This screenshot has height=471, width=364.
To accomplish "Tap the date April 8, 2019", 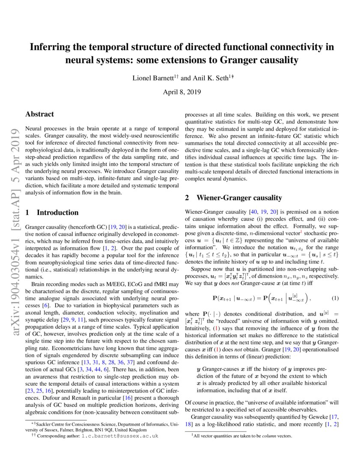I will point(182,92).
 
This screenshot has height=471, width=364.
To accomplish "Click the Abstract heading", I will point(40,114).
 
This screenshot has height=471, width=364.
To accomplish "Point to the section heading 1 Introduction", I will point(52,213).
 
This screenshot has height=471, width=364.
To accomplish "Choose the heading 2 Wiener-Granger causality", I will point(233,198).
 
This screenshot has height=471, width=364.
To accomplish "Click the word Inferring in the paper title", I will point(48,47).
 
